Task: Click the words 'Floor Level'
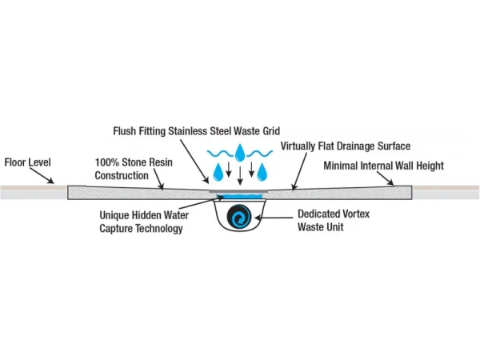[x=26, y=162]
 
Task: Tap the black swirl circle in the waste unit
[x=239, y=218]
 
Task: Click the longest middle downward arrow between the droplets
[x=239, y=174]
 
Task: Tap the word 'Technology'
[x=159, y=229]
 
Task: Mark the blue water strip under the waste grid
[x=239, y=195]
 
